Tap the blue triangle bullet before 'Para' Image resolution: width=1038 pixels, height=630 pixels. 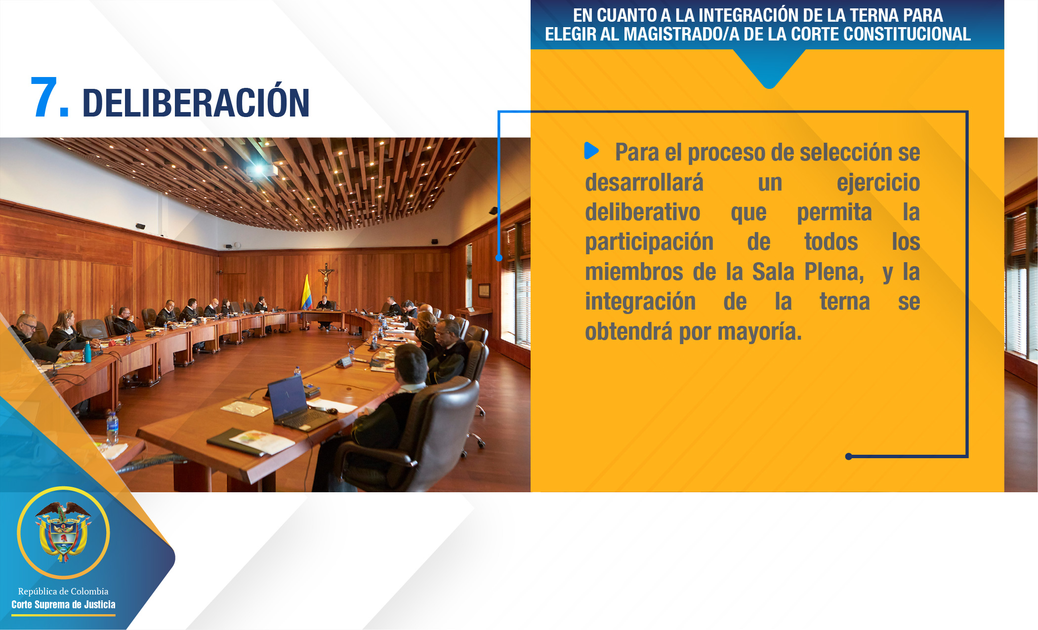[591, 151]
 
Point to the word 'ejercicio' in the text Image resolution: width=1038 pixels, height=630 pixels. [878, 183]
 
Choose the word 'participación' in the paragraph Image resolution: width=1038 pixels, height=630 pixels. [649, 242]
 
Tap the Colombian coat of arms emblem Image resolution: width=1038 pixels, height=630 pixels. [63, 532]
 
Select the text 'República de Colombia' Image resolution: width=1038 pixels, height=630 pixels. [63, 591]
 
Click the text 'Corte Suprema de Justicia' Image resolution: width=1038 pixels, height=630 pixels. [63, 604]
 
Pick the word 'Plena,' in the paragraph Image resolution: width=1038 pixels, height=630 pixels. [834, 272]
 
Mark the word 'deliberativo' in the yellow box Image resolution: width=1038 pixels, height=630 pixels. [643, 213]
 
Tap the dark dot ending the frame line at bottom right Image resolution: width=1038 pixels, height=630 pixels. [849, 456]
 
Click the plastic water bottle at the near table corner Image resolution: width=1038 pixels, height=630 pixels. [113, 429]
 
